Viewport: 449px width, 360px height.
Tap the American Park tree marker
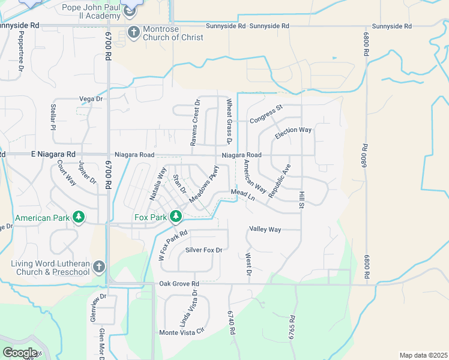79,217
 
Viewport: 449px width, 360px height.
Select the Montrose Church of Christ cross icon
133,32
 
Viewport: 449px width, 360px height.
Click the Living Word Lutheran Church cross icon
100,266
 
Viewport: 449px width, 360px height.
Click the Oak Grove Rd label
179,283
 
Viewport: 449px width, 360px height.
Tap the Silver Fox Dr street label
203,250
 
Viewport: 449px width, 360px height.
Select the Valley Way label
265,229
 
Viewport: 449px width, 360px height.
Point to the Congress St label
266,112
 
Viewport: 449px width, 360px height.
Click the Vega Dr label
91,99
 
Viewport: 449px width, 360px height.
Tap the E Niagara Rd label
53,154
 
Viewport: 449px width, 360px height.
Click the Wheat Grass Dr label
229,122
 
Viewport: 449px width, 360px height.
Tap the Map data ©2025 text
423,355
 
